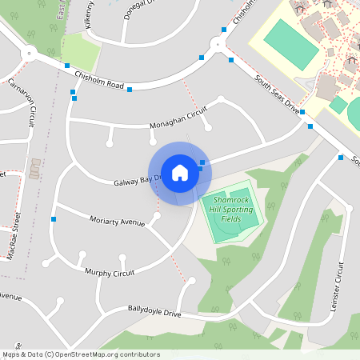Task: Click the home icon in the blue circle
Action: (x=179, y=172)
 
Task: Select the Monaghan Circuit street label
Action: (x=172, y=121)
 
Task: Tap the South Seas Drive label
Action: (x=277, y=93)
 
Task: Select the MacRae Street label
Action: (x=16, y=231)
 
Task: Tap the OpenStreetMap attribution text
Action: (x=81, y=354)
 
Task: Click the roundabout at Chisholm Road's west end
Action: (x=30, y=53)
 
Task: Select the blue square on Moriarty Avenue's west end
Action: (x=54, y=218)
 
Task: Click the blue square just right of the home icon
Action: (x=202, y=163)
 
